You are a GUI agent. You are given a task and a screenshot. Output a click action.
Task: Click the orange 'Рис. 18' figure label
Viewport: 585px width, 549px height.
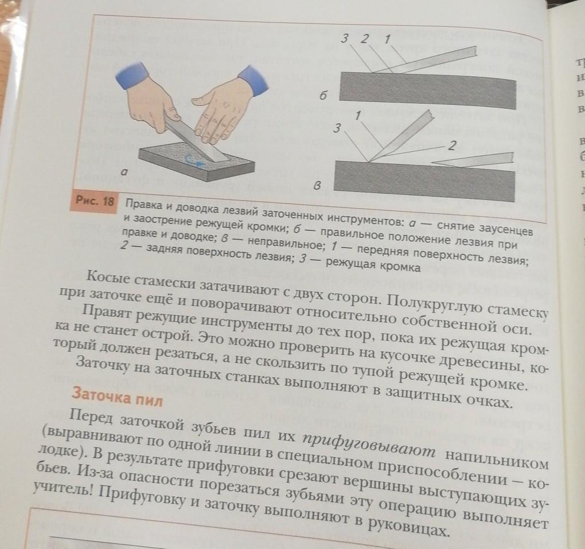[95, 201]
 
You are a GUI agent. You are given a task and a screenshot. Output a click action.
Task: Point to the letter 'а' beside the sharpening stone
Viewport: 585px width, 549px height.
[124, 172]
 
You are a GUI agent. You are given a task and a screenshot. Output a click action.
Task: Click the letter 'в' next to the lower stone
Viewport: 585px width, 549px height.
[317, 185]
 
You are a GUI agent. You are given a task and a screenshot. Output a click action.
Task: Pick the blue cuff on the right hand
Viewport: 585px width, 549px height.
[253, 80]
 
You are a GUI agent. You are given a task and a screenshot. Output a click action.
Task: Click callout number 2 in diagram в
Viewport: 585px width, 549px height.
[452, 145]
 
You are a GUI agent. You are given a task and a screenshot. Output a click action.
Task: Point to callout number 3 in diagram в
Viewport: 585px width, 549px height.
[337, 128]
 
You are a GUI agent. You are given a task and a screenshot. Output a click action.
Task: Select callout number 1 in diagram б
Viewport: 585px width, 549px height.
[387, 38]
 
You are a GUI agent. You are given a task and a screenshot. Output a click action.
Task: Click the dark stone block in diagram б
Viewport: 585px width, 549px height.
[427, 90]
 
